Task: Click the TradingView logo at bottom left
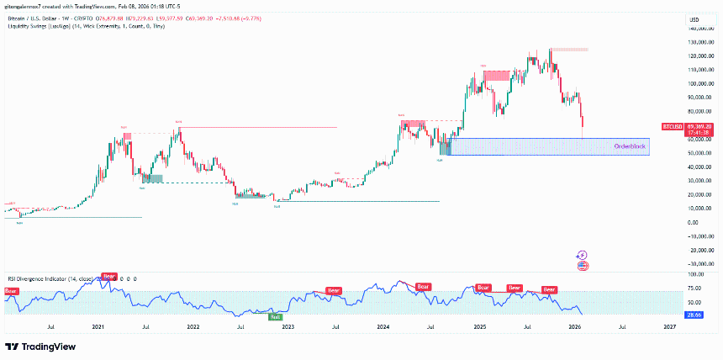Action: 40,347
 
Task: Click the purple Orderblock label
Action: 630,146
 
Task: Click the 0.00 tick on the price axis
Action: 694,222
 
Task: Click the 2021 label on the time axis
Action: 98,325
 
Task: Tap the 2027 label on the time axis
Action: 669,325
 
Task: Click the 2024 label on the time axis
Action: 383,325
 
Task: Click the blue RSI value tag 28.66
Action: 694,314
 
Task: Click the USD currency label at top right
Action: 694,19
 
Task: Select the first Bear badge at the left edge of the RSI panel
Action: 11,291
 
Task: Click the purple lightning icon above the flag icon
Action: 583,255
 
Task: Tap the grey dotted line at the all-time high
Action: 570,50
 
